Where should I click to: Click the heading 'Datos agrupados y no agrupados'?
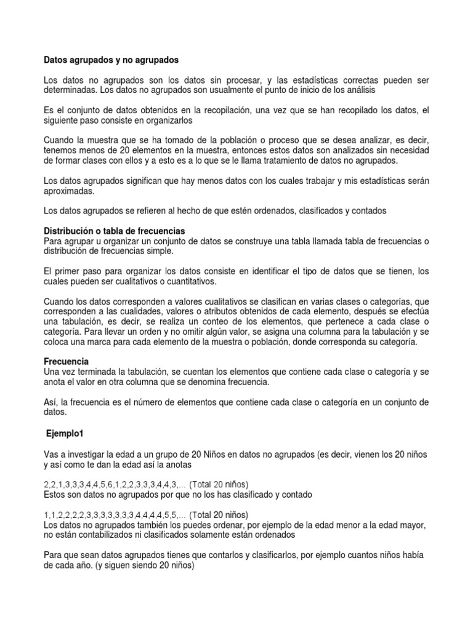point(111,61)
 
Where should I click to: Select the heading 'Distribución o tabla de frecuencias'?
point(115,230)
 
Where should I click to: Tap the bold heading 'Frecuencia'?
point(67,361)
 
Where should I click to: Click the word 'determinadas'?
point(71,90)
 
